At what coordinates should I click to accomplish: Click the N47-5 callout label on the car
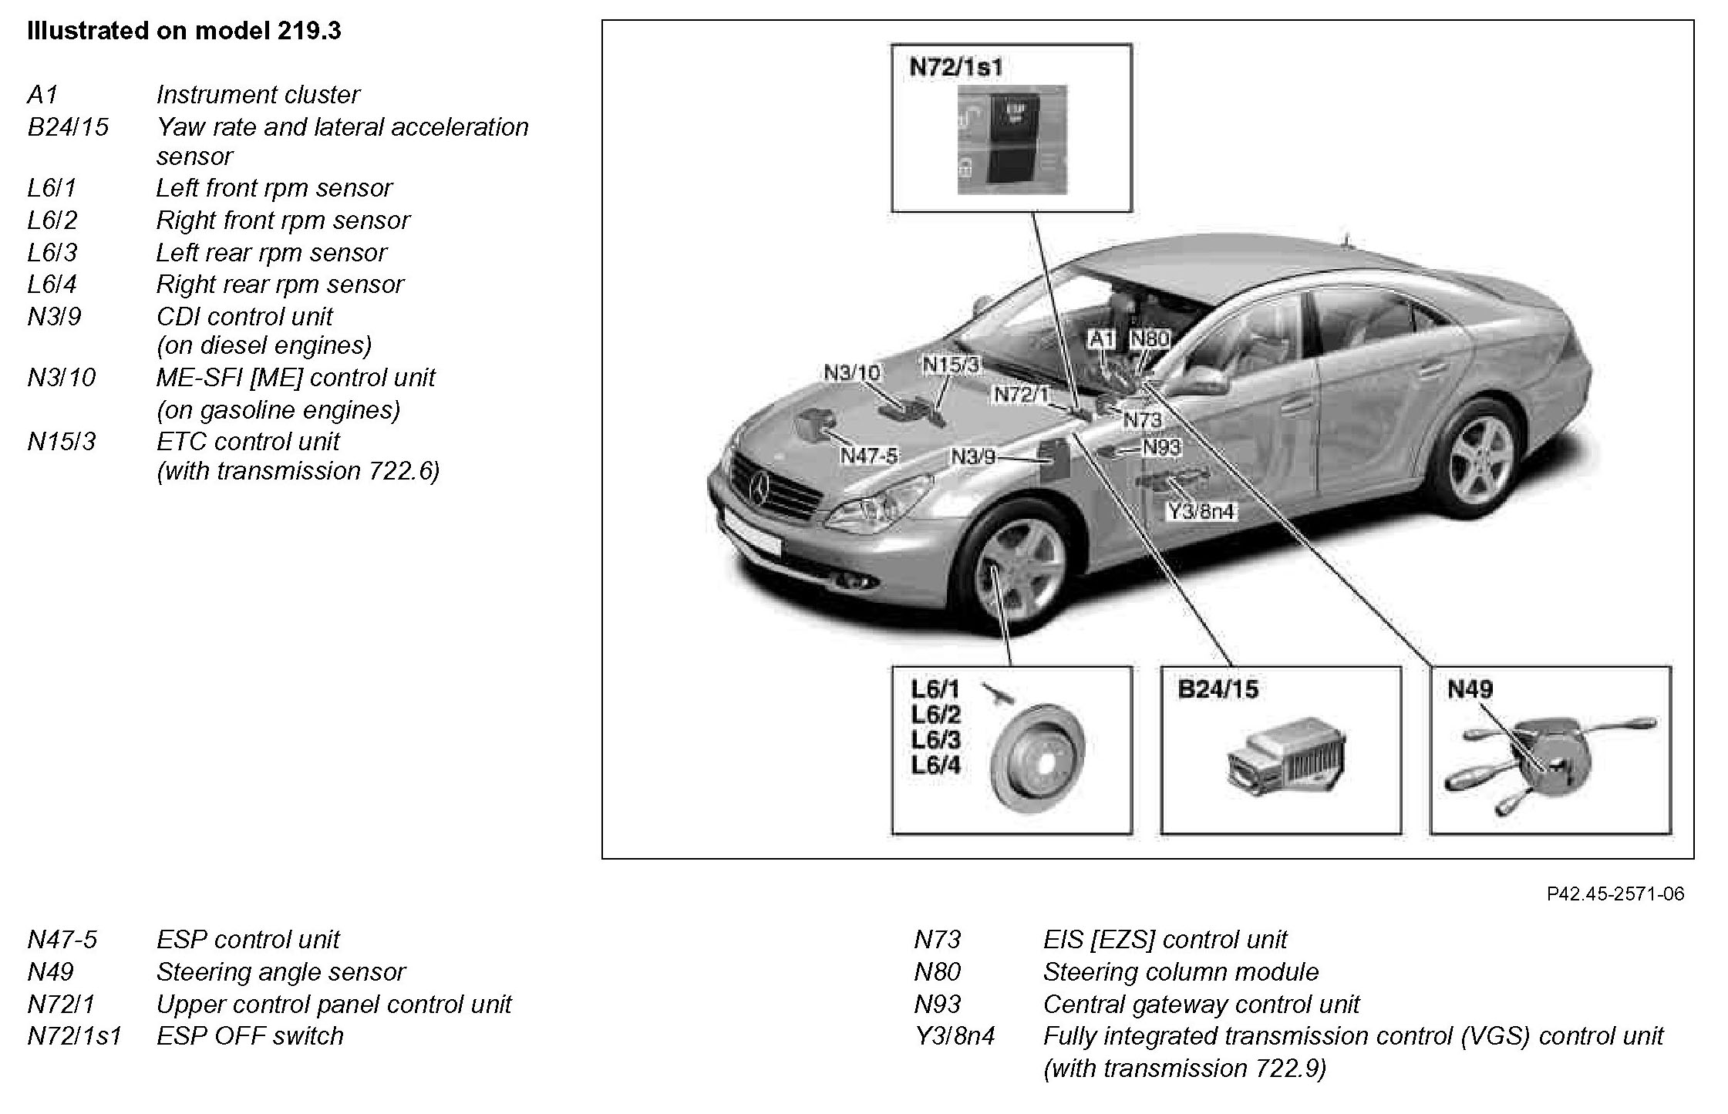pyautogui.click(x=869, y=456)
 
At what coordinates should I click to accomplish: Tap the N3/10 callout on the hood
pyautogui.click(x=851, y=372)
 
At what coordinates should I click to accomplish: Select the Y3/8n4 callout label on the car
pyautogui.click(x=1201, y=511)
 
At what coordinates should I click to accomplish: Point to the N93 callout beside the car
pyautogui.click(x=1161, y=446)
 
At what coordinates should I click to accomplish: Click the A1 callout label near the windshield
pyautogui.click(x=1102, y=338)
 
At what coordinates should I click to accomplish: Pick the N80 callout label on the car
pyautogui.click(x=1150, y=338)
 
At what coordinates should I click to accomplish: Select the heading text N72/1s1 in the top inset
pyautogui.click(x=956, y=68)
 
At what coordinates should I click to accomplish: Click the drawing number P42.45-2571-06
pyautogui.click(x=1615, y=894)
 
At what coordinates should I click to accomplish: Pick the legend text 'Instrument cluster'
pyautogui.click(x=258, y=95)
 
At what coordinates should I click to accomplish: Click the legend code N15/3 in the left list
pyautogui.click(x=62, y=442)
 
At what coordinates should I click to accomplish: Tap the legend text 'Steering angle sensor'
pyautogui.click(x=281, y=972)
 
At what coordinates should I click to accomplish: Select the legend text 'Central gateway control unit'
pyautogui.click(x=1201, y=1005)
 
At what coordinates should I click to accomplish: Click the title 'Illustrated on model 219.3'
pyautogui.click(x=184, y=32)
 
